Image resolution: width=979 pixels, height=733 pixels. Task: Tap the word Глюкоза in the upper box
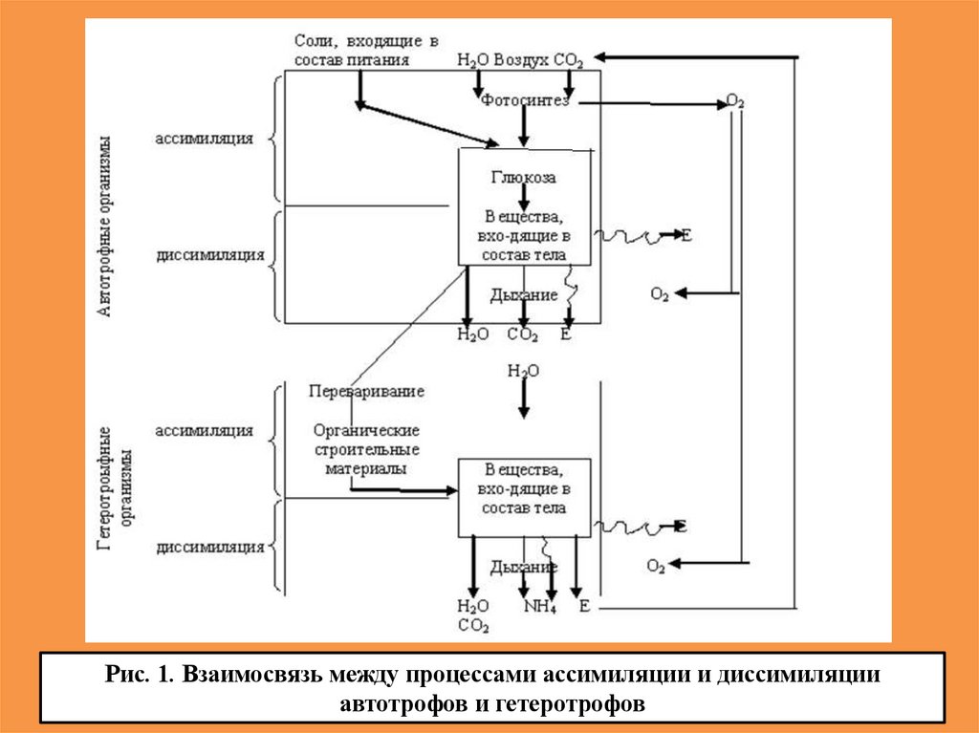pyautogui.click(x=523, y=177)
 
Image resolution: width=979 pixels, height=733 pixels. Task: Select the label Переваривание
pyautogui.click(x=367, y=391)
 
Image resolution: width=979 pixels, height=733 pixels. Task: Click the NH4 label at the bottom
pyautogui.click(x=539, y=607)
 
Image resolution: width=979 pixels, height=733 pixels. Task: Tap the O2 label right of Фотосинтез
pyautogui.click(x=735, y=101)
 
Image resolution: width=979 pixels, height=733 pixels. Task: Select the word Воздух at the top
pyautogui.click(x=522, y=60)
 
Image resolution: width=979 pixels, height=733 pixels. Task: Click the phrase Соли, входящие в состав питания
pyautogui.click(x=365, y=51)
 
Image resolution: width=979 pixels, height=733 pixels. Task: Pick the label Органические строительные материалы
pyautogui.click(x=366, y=450)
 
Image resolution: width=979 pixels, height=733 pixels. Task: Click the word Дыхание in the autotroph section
pyautogui.click(x=523, y=295)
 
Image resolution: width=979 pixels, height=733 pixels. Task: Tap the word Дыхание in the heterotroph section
pyautogui.click(x=523, y=567)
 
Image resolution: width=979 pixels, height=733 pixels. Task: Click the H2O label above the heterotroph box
pyautogui.click(x=522, y=371)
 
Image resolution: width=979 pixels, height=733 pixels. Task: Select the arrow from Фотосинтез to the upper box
pyautogui.click(x=523, y=126)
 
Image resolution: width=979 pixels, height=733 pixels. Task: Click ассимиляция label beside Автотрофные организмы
pyautogui.click(x=205, y=138)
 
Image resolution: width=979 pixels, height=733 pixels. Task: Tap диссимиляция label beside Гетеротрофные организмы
pyautogui.click(x=209, y=548)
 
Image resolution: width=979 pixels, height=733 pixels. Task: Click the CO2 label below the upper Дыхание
pyautogui.click(x=522, y=334)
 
